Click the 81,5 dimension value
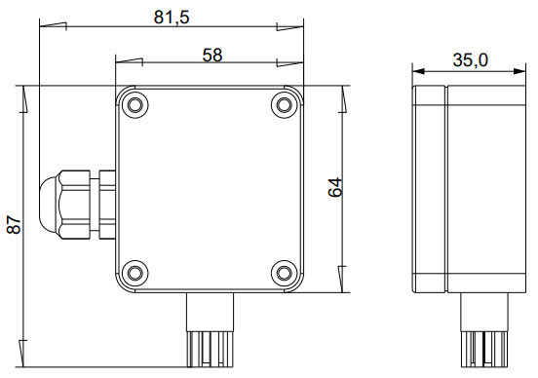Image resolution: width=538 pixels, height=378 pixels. coord(172,18)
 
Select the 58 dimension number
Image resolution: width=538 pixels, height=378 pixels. coord(212,55)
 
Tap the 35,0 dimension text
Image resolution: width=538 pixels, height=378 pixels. coord(470,60)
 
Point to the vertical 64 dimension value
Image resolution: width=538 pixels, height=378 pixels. coord(335,187)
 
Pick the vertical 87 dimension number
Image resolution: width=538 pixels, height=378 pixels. coord(14,225)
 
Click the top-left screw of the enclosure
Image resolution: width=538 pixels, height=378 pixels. coord(135,104)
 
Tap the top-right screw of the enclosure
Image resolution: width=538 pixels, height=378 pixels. coord(284,104)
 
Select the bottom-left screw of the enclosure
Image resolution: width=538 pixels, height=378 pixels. coord(135,273)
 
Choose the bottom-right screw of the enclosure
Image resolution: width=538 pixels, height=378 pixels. coord(284,273)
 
